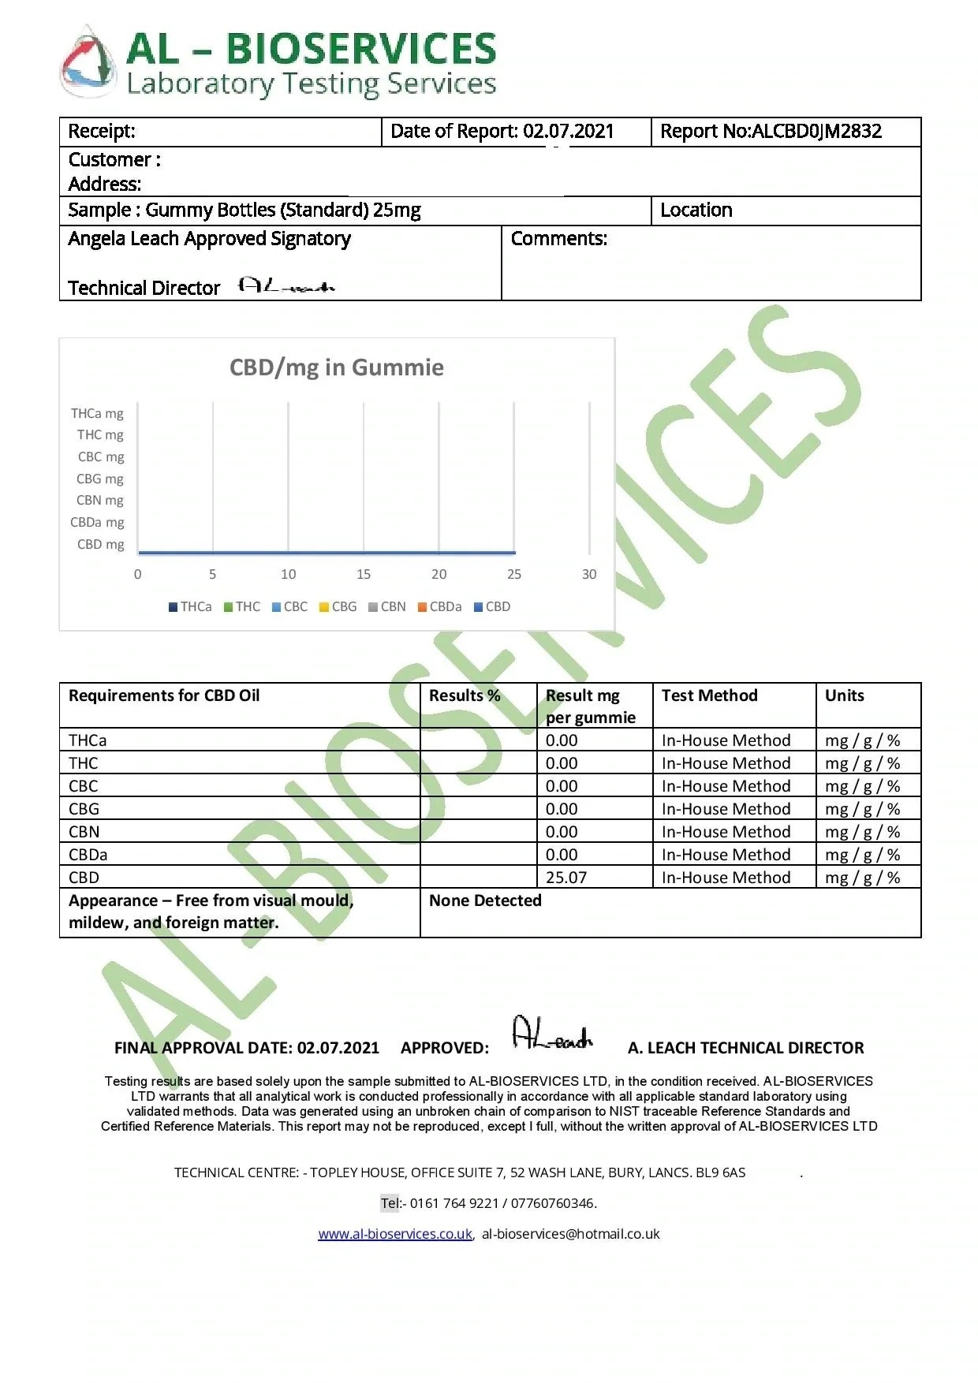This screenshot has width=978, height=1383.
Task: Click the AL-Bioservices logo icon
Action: point(88,63)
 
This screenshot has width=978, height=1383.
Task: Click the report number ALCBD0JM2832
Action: point(816,132)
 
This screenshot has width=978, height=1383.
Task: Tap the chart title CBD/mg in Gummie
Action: point(337,367)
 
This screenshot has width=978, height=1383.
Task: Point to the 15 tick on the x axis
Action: point(364,575)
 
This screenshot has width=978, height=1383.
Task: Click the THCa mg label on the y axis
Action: point(97,414)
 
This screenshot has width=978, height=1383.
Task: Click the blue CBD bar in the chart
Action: point(327,552)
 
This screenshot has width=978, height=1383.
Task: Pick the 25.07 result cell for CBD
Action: point(566,878)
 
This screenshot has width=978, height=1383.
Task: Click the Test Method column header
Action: point(709,695)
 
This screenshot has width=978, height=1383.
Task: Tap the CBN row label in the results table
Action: point(84,832)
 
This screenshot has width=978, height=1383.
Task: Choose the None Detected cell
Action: point(485,900)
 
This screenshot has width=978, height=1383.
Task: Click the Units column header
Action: point(844,695)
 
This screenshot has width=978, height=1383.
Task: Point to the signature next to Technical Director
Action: point(286,286)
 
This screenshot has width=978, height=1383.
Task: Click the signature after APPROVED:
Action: point(552,1034)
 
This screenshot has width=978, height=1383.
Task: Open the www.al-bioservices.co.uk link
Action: point(395,1235)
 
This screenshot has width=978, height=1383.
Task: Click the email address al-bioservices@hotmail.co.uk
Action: point(570,1235)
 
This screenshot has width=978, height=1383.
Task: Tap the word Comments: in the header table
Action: point(558,239)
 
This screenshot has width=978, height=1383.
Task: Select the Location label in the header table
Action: point(696,211)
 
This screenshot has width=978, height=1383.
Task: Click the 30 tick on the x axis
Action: point(589,575)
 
